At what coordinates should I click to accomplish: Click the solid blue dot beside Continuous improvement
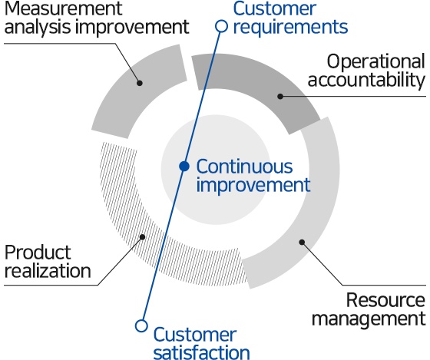184,166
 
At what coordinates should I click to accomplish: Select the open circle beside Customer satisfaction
141,325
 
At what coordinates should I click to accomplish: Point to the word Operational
375,61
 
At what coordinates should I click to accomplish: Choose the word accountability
375,80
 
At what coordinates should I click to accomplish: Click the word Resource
385,299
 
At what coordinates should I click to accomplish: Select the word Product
38,252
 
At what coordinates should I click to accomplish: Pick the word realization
48,270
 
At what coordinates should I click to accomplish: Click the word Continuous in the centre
244,166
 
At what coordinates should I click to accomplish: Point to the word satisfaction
201,352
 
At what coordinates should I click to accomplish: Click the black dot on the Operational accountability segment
280,97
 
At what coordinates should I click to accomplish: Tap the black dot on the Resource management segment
302,243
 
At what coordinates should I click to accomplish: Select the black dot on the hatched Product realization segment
142,237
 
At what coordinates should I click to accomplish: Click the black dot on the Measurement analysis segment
139,82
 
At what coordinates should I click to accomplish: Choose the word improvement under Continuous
253,185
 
